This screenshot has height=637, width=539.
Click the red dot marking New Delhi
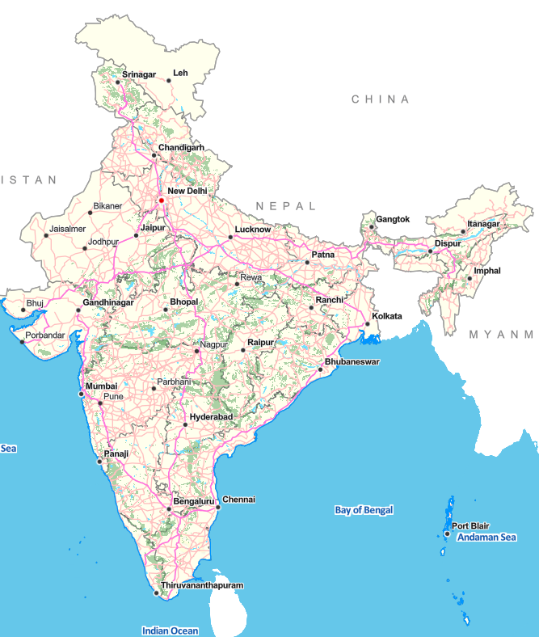click(x=161, y=200)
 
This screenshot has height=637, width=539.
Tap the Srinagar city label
click(x=138, y=75)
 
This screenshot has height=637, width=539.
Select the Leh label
click(x=180, y=73)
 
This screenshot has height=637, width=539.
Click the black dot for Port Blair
click(x=447, y=534)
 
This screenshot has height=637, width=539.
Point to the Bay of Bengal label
click(x=364, y=510)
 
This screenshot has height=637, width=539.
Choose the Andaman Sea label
click(x=486, y=538)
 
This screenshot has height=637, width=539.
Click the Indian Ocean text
click(x=170, y=631)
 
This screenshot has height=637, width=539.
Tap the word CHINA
click(x=380, y=99)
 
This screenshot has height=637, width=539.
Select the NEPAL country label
click(x=286, y=207)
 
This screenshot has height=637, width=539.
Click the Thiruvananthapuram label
click(x=202, y=585)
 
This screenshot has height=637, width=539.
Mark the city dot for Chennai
click(x=218, y=507)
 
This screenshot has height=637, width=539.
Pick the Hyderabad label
click(x=211, y=416)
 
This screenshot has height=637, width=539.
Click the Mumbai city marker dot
click(x=81, y=394)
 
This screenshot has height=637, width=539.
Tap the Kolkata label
click(x=386, y=316)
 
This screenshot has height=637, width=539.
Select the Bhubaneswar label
click(x=352, y=361)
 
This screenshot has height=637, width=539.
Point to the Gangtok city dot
click(x=371, y=226)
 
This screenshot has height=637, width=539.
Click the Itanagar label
click(x=483, y=224)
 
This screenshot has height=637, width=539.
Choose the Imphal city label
click(x=487, y=270)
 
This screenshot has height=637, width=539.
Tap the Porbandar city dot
click(x=23, y=340)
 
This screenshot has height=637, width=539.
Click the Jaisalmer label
click(x=67, y=229)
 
